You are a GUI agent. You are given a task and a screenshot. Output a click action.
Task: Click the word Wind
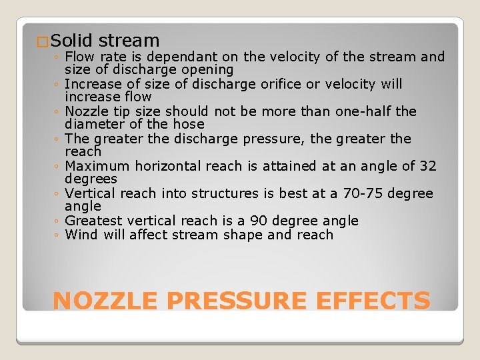[82, 235]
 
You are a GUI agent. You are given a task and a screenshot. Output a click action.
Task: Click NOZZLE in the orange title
[107, 301]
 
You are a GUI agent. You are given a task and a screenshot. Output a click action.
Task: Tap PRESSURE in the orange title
[237, 301]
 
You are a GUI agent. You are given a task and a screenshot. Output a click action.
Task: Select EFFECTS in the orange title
[373, 301]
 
